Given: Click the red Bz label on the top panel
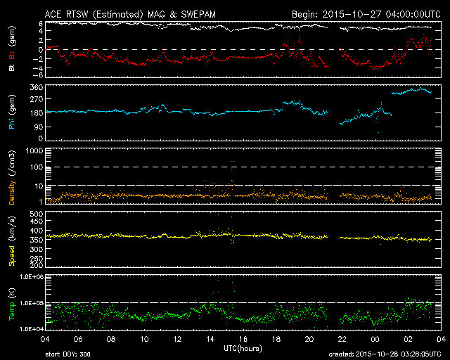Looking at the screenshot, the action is click(x=11, y=55).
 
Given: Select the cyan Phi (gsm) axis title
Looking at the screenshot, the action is click(x=11, y=112).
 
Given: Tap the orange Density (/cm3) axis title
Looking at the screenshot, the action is click(x=12, y=177).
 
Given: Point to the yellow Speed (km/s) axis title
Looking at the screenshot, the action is click(x=12, y=241).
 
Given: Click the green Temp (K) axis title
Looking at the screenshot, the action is click(x=12, y=304).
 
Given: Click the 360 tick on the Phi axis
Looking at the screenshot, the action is click(x=37, y=87).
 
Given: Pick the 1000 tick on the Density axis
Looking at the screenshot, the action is click(x=34, y=150).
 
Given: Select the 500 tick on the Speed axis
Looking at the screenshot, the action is click(x=37, y=214).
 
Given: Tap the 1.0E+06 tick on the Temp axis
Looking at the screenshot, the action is click(x=32, y=277).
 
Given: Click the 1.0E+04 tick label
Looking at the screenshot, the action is click(x=32, y=329).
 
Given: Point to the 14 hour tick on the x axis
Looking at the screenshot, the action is click(x=210, y=339).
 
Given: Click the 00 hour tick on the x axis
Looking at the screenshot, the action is click(x=375, y=339).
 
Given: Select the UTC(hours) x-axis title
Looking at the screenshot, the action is click(x=243, y=349).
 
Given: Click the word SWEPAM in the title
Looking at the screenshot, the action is click(x=198, y=14).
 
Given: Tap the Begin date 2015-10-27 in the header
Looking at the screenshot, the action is click(x=352, y=14).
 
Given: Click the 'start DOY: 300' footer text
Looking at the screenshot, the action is click(x=67, y=354).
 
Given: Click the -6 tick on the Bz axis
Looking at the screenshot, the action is click(x=39, y=75).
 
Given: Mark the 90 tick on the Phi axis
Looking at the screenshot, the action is click(x=39, y=127).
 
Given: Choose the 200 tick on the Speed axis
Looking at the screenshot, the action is click(x=37, y=265).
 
